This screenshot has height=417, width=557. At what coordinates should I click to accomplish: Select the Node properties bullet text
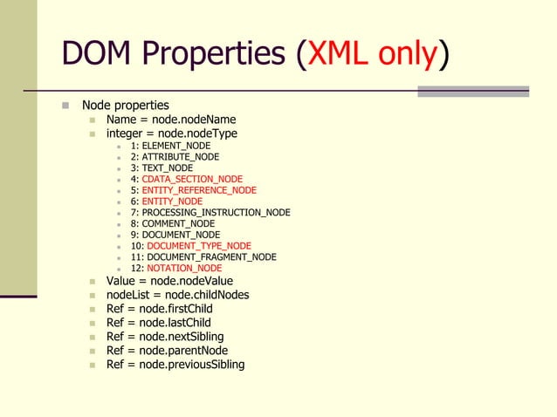coord(125,106)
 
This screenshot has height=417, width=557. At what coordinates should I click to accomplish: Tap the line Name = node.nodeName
coord(171,120)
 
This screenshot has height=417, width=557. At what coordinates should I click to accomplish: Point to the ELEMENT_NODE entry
coord(170,145)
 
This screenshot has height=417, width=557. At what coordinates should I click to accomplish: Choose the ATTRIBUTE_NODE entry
coord(175,157)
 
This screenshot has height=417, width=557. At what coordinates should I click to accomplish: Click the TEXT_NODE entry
coord(162,167)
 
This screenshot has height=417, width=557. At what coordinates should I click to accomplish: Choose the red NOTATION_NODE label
coord(184,268)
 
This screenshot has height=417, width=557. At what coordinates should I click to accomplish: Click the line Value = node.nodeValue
coord(170,281)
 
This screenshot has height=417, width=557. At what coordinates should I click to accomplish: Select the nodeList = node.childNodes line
coord(177,295)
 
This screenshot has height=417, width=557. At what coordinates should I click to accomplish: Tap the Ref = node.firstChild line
coord(159,309)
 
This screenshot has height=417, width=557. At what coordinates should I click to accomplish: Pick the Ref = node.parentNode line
coord(167,351)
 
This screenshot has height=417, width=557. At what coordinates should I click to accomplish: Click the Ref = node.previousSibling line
coord(175,365)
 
